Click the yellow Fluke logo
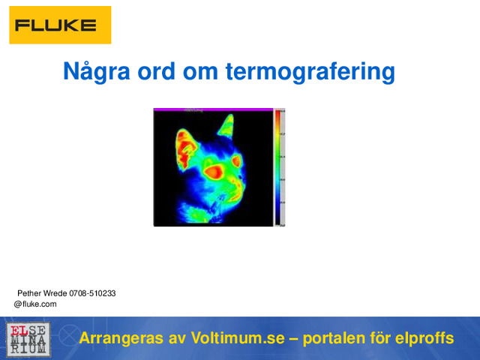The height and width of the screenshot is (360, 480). pyautogui.click(x=60, y=25)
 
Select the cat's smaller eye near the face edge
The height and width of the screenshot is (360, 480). pyautogui.click(x=237, y=161)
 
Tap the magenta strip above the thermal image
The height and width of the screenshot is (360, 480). pyautogui.click(x=213, y=109)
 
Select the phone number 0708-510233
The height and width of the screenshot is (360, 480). pyautogui.click(x=92, y=293)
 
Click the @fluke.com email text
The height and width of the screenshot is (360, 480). pyautogui.click(x=35, y=304)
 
